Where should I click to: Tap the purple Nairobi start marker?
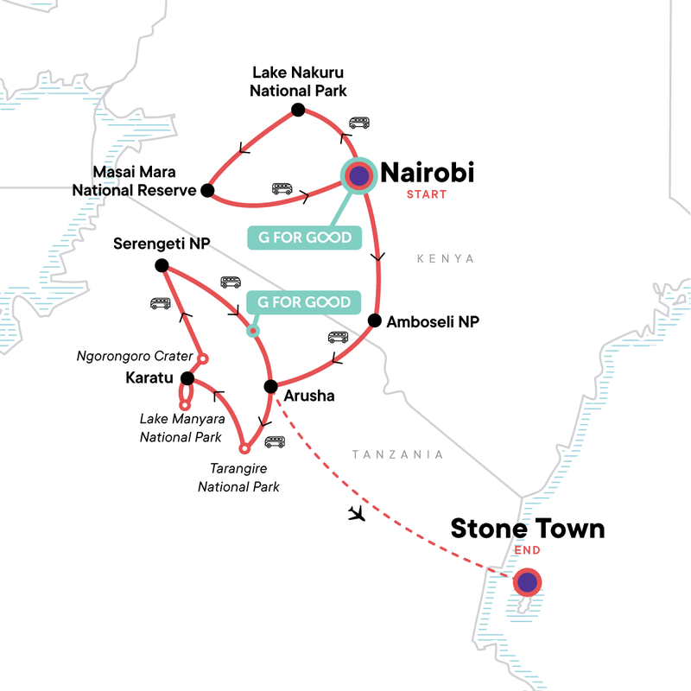(x=358, y=176)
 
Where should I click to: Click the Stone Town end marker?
(x=527, y=582)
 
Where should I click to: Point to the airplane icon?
(x=355, y=514)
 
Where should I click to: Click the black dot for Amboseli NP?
(x=374, y=320)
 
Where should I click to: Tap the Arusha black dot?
(x=270, y=386)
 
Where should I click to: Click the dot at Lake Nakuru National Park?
(x=298, y=109)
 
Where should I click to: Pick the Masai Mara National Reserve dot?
(x=206, y=190)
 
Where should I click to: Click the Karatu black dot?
(x=187, y=377)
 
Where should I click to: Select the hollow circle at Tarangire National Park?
(x=244, y=448)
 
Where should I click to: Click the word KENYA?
(x=446, y=258)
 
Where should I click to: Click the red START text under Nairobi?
(x=427, y=194)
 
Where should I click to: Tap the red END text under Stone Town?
(x=527, y=550)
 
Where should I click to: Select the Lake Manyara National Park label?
(x=181, y=428)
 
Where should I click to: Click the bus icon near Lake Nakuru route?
(x=359, y=124)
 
